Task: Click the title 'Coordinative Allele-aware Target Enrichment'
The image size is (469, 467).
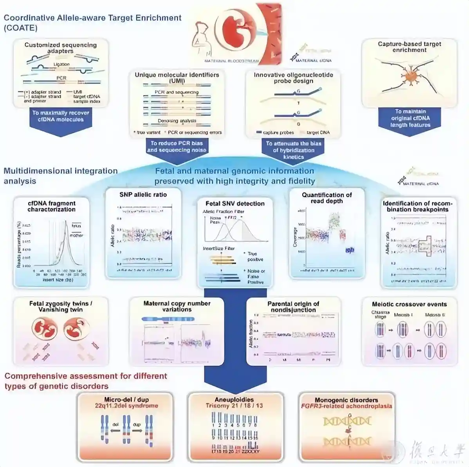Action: coord(93,18)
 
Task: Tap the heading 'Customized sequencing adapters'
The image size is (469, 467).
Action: coord(60,48)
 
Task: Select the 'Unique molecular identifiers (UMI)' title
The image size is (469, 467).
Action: coord(177,77)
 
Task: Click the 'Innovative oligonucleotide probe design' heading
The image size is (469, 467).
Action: coord(293,77)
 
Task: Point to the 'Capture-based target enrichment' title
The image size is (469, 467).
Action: coord(409,47)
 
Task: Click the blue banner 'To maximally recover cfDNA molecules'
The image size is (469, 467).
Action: coord(61,116)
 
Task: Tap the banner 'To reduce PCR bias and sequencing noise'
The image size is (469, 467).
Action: coord(177,147)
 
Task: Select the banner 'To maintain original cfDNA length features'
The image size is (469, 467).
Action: coord(410,118)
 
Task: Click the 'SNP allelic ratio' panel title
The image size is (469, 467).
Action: coord(143,194)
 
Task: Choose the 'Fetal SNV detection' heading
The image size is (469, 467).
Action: coord(235,203)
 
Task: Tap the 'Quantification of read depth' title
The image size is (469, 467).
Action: coord(326,198)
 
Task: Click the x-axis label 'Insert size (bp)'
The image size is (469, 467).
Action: coord(58,280)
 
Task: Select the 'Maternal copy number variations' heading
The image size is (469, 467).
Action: coord(177,306)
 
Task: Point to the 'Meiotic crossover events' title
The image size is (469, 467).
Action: coord(409,304)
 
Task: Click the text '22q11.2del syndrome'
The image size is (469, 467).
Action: coord(131,406)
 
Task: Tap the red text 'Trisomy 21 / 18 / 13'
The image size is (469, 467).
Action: coord(234,406)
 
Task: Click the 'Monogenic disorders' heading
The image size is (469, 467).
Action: coord(346,400)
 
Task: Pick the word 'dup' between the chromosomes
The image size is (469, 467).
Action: coord(137,424)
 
